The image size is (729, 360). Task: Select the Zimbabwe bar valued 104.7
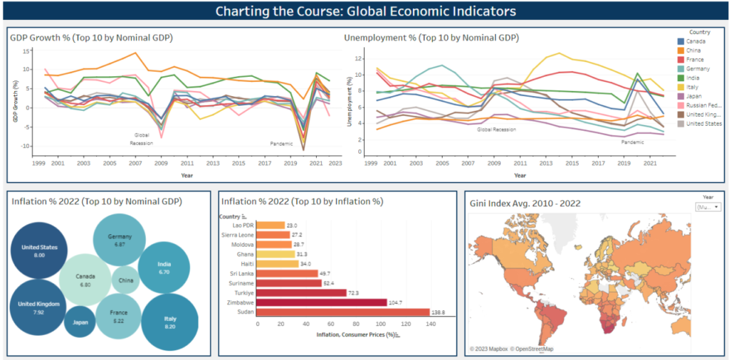pyautogui.click(x=320, y=302)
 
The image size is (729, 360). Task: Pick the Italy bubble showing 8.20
pyautogui.click(x=169, y=322)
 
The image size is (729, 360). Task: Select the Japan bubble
pyautogui.click(x=79, y=323)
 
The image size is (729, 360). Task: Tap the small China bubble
pyautogui.click(x=125, y=280)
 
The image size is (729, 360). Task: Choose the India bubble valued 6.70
pyautogui.click(x=164, y=267)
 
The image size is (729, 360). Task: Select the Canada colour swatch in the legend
pyautogui.click(x=681, y=41)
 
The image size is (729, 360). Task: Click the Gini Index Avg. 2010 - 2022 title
pyautogui.click(x=525, y=203)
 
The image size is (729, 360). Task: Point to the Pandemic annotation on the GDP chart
pyautogui.click(x=281, y=144)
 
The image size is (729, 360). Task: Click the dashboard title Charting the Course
pyautogui.click(x=365, y=11)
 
